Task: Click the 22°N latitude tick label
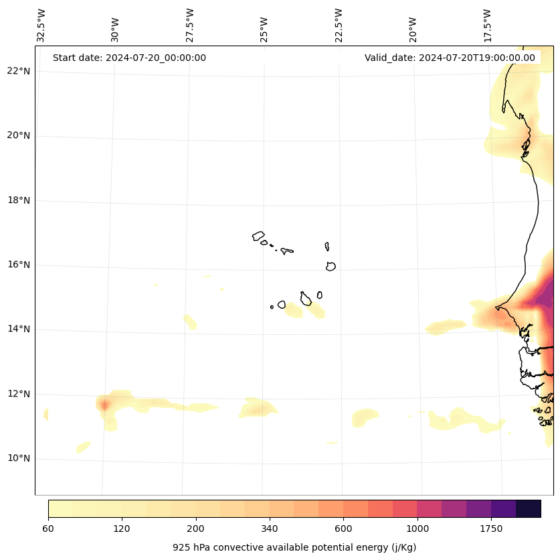[18, 71]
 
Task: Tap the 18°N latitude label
[18, 200]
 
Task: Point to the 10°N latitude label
[18, 459]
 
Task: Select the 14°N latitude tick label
[18, 329]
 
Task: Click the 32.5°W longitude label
[41, 25]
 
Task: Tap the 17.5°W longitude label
[487, 25]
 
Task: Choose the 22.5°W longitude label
[339, 25]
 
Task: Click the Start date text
[129, 58]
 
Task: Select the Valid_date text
[450, 58]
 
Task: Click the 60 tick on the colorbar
[48, 529]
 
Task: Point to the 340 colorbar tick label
[270, 529]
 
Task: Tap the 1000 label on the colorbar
[417, 529]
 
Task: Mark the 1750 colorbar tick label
[491, 529]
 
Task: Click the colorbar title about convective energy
[294, 547]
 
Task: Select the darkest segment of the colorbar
[529, 508]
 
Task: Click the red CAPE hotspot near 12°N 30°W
[104, 405]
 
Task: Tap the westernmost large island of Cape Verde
[258, 236]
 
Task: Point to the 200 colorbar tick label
[196, 529]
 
